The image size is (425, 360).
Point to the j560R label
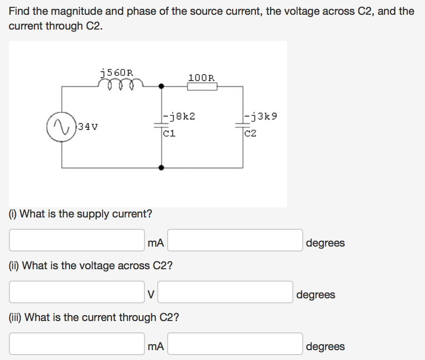116,72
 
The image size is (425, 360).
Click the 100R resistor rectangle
202,86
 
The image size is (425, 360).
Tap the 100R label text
201,77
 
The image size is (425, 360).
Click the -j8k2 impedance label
180,116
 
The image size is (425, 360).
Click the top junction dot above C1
161,86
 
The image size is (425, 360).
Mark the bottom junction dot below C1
161,168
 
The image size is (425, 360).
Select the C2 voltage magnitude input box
77,292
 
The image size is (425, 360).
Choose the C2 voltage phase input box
225,292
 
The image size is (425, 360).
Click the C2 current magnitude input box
77,344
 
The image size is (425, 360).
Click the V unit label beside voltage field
151,294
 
